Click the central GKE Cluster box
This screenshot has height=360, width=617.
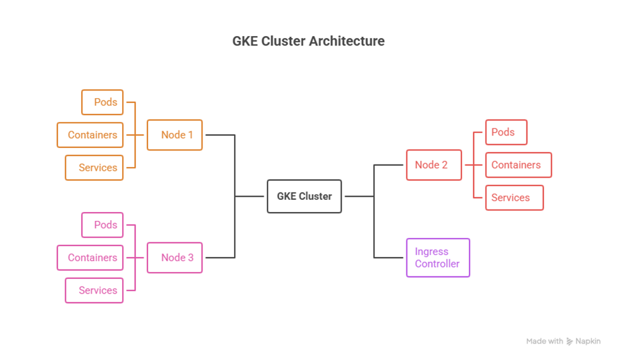click(x=304, y=196)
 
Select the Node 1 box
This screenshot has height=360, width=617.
click(x=175, y=135)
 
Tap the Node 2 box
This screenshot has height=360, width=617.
click(x=433, y=165)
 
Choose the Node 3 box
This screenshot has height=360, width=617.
click(x=175, y=258)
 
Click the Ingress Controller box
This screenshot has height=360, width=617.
click(x=437, y=258)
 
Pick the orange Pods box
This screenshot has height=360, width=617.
click(x=103, y=102)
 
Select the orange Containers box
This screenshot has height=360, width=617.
click(x=90, y=135)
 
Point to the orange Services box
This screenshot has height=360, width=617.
click(x=94, y=168)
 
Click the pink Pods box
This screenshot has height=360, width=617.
click(x=103, y=225)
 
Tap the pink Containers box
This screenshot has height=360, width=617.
click(x=90, y=258)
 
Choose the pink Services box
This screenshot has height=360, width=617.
click(x=94, y=290)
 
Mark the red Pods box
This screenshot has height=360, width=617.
click(x=506, y=132)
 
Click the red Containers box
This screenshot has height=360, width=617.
click(x=518, y=165)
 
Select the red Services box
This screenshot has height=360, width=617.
click(x=514, y=197)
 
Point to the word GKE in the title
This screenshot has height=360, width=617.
click(x=244, y=41)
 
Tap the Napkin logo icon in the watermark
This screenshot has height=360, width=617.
click(x=570, y=342)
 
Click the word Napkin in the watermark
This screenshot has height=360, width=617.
click(x=588, y=342)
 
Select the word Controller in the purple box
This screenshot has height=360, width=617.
click(x=437, y=264)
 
